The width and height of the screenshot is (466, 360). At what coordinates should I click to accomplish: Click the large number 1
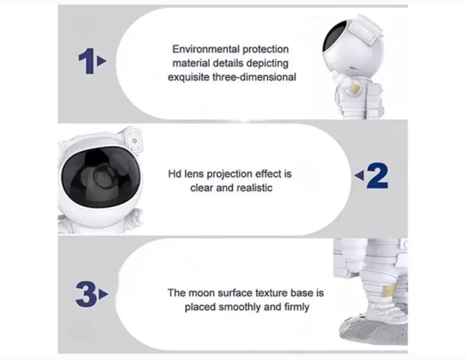(86, 61)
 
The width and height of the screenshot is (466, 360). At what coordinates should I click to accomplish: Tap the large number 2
(377, 176)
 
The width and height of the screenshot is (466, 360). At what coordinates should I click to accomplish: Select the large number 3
(86, 294)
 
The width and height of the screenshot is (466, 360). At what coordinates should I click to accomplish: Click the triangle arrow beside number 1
(102, 61)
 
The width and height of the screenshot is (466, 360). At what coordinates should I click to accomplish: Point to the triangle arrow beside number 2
(359, 176)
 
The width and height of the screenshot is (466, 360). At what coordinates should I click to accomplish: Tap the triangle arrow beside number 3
(104, 294)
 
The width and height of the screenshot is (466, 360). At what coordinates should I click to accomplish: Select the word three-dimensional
(254, 77)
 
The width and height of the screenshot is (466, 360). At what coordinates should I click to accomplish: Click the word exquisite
(189, 78)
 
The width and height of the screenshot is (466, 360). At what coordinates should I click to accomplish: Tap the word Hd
(175, 174)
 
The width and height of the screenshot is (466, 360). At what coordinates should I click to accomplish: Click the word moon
(202, 293)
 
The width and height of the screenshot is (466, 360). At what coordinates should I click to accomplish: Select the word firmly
(297, 307)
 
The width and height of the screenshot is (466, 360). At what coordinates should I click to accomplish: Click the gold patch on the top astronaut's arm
(355, 88)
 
